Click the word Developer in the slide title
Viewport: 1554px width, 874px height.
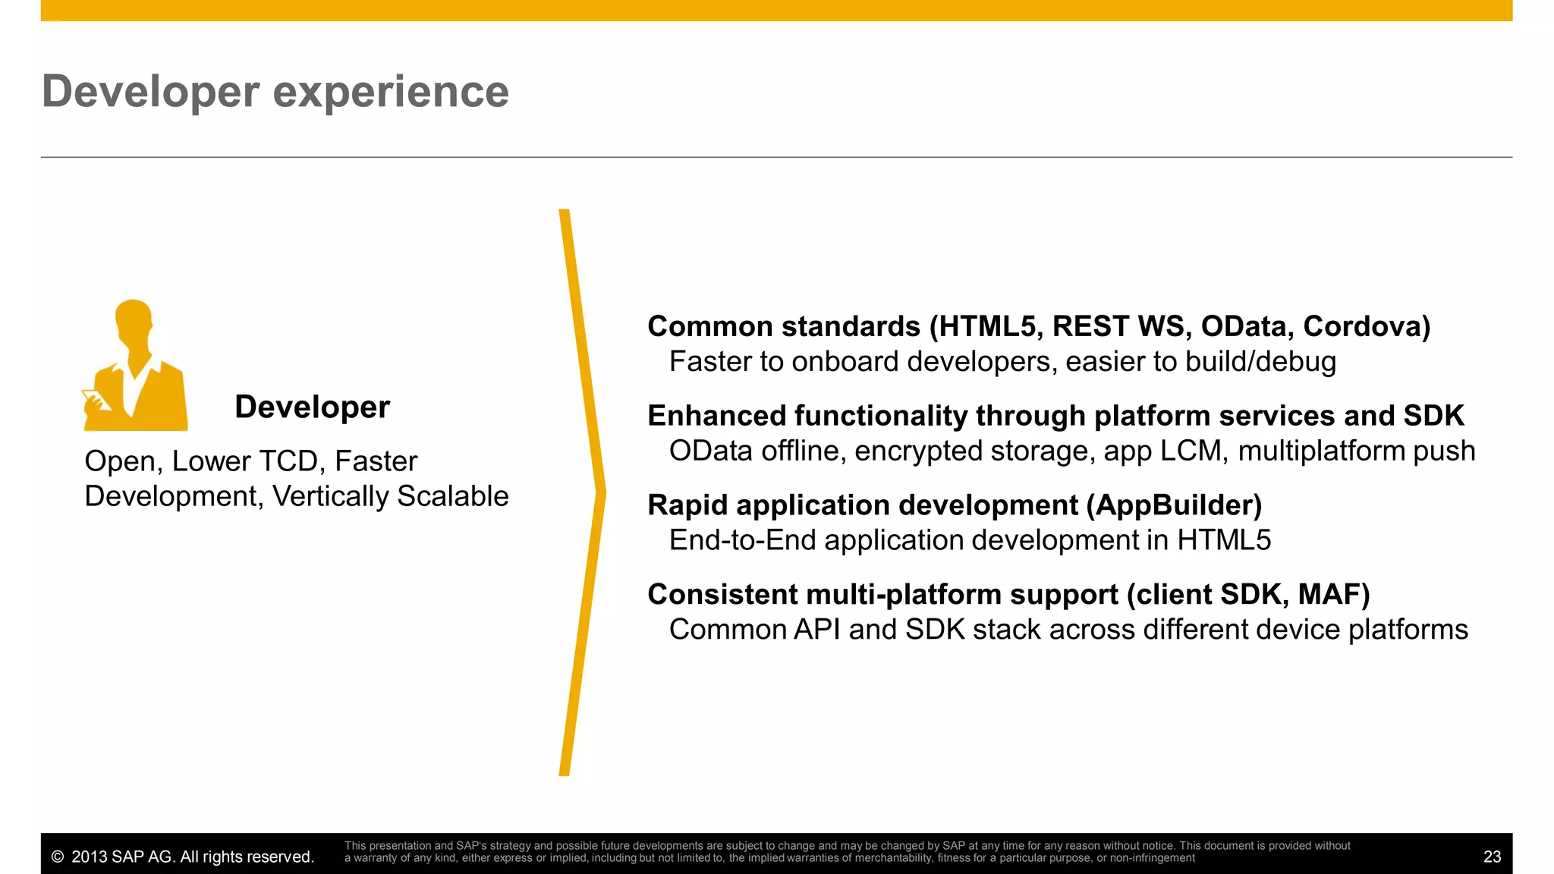coord(150,92)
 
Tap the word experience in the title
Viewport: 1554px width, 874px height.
coord(390,92)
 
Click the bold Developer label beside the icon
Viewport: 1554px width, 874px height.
coord(312,407)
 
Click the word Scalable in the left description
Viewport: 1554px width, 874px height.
coord(452,496)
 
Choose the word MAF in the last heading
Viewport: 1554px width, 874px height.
coord(1328,595)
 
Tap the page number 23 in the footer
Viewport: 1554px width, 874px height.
coord(1491,857)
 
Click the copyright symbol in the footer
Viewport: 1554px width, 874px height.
coord(57,857)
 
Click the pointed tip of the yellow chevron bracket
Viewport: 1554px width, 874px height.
coord(603,492)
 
